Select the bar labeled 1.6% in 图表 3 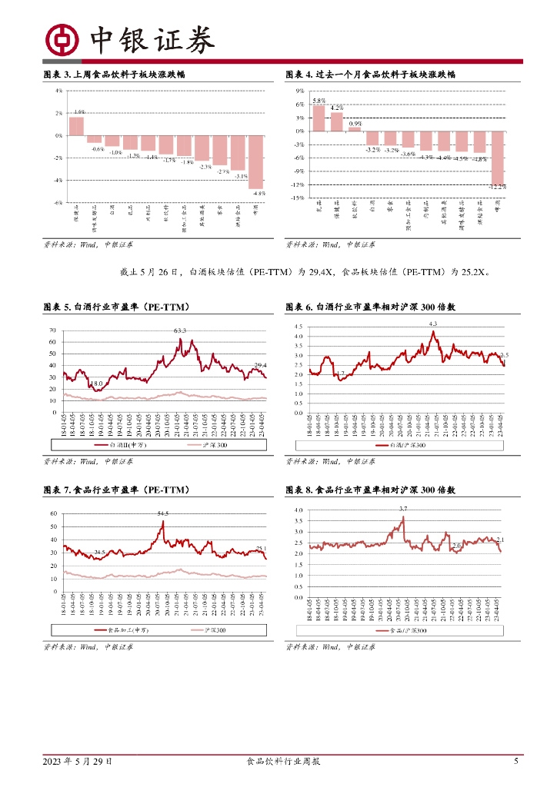click(x=76, y=126)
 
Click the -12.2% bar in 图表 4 click(x=498, y=158)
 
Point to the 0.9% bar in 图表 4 click(x=355, y=129)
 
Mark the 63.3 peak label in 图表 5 click(x=180, y=330)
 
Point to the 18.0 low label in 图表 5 click(x=96, y=384)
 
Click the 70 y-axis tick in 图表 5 click(x=53, y=331)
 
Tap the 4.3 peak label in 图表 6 click(x=433, y=324)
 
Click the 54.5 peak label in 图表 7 click(x=163, y=513)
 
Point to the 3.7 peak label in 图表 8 click(x=403, y=509)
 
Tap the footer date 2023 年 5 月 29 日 click(x=78, y=761)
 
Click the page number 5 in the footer click(x=516, y=761)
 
